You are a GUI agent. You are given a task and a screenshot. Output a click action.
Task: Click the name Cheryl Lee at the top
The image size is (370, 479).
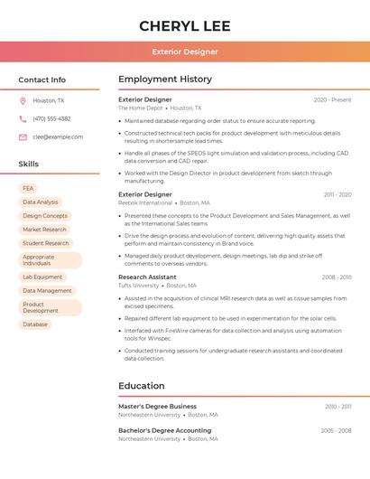[x=185, y=26]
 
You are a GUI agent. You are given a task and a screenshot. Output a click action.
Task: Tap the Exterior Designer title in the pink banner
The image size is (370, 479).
[x=185, y=52]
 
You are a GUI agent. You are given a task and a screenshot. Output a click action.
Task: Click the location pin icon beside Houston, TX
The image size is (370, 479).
[x=23, y=100]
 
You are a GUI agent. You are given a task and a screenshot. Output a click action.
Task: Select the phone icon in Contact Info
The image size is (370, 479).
[x=23, y=118]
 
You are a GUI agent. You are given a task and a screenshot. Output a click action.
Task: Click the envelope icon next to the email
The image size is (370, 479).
[x=23, y=136]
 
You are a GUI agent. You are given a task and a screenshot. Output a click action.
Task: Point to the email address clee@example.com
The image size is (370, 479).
[x=58, y=136]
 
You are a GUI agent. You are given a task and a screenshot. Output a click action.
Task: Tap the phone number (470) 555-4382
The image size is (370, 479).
[x=51, y=118]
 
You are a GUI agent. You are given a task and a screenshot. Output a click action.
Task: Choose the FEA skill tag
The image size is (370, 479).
[x=28, y=188]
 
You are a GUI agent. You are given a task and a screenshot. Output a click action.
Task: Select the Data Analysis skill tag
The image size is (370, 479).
[x=40, y=202]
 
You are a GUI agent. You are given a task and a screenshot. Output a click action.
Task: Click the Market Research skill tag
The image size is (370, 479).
[x=44, y=230]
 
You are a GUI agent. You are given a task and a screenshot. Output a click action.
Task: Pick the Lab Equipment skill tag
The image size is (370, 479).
[x=42, y=277]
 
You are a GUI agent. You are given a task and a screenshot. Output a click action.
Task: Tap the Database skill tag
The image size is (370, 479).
[x=35, y=324]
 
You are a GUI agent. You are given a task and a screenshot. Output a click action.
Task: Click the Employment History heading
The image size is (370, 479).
[x=165, y=80]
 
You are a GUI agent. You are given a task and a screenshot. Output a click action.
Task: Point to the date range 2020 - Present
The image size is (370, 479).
[x=332, y=99]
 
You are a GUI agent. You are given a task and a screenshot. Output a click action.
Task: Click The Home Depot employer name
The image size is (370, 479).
[x=140, y=108]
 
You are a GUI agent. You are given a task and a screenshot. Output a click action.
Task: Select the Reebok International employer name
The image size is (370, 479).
[x=145, y=202]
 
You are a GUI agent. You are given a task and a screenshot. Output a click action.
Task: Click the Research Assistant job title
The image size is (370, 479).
[x=147, y=277]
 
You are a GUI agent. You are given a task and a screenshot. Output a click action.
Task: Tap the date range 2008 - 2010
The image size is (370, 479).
[x=336, y=277]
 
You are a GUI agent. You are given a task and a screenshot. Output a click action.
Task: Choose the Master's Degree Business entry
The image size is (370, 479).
[x=157, y=407]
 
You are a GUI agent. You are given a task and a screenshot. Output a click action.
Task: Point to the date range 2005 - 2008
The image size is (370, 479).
[x=336, y=430]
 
